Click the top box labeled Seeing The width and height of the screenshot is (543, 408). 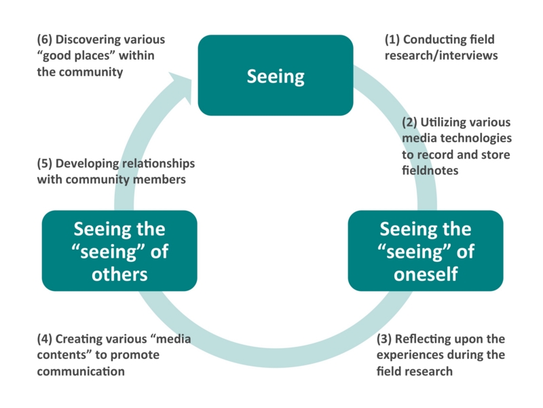[x=275, y=75]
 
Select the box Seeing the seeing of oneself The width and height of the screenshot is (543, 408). [x=426, y=251]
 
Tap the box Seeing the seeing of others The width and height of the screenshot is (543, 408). [x=119, y=251]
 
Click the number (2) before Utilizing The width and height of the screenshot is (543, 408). [x=409, y=123]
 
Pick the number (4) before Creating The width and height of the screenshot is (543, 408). [x=45, y=339]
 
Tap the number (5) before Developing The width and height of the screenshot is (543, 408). [x=45, y=164]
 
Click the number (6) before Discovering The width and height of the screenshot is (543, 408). [x=45, y=40]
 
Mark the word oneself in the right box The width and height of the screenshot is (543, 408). [x=426, y=275]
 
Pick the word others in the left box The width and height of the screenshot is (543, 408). [x=119, y=275]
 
